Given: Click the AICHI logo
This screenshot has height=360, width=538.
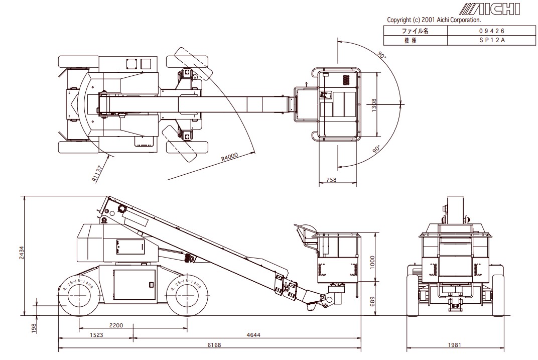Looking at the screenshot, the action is (490, 9).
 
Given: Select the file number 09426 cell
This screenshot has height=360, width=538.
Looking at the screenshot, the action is (492, 31).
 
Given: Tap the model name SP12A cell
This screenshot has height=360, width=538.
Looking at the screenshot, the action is (492, 40).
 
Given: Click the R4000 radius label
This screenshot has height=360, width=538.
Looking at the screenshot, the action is (229, 157).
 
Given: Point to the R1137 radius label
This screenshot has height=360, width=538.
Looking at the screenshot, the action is (97, 174).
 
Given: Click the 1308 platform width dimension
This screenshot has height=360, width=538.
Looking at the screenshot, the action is (374, 104).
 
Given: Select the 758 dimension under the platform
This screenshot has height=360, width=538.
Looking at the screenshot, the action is (331, 179).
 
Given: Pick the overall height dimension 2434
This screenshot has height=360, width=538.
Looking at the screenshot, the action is (22, 253).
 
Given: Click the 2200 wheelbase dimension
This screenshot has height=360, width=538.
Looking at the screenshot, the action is (116, 325).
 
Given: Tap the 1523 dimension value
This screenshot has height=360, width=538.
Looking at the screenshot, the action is (96, 334).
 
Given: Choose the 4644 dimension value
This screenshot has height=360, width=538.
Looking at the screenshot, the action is (253, 334).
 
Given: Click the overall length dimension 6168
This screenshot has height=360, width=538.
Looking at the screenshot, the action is (214, 345).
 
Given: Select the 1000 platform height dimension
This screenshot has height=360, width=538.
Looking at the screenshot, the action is (372, 262).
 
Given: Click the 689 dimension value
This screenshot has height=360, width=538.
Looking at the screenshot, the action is (372, 302).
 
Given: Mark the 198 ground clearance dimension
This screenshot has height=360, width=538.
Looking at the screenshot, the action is (33, 328).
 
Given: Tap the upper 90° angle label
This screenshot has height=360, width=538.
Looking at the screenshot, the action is (381, 55).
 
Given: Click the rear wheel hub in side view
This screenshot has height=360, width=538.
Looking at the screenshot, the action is (80, 296).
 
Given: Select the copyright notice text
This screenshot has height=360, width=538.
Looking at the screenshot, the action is (434, 20).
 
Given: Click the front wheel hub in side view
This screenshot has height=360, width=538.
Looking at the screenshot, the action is (187, 296).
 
